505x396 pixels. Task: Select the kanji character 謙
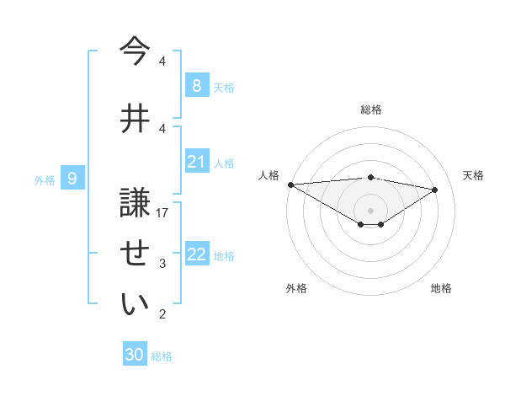[x=136, y=203]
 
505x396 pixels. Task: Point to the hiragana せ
[x=136, y=253]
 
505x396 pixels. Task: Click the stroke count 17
[x=162, y=213]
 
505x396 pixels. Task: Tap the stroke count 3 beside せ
[x=162, y=264]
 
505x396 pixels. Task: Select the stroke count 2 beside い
[x=162, y=314]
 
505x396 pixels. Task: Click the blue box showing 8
[x=196, y=85]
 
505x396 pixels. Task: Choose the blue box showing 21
[x=196, y=162]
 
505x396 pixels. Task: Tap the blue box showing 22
[x=196, y=254]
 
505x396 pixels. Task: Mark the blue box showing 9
[x=72, y=178]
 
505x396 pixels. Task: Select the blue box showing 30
[x=135, y=355]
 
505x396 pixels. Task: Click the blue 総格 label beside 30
[x=162, y=356]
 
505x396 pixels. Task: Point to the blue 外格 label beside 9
[x=45, y=179]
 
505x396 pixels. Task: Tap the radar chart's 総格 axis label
[x=370, y=110]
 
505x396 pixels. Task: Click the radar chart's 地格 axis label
[x=441, y=288]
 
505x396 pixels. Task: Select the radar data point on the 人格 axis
[x=290, y=184]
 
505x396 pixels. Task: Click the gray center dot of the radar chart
[x=370, y=210]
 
